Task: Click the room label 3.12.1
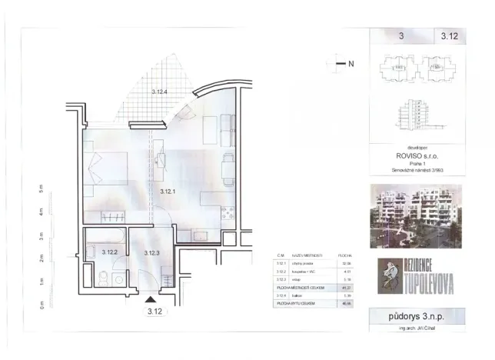click(168, 192)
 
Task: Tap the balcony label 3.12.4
click(159, 92)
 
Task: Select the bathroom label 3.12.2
click(108, 252)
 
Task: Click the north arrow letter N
click(350, 64)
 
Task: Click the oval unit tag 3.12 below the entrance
click(153, 312)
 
